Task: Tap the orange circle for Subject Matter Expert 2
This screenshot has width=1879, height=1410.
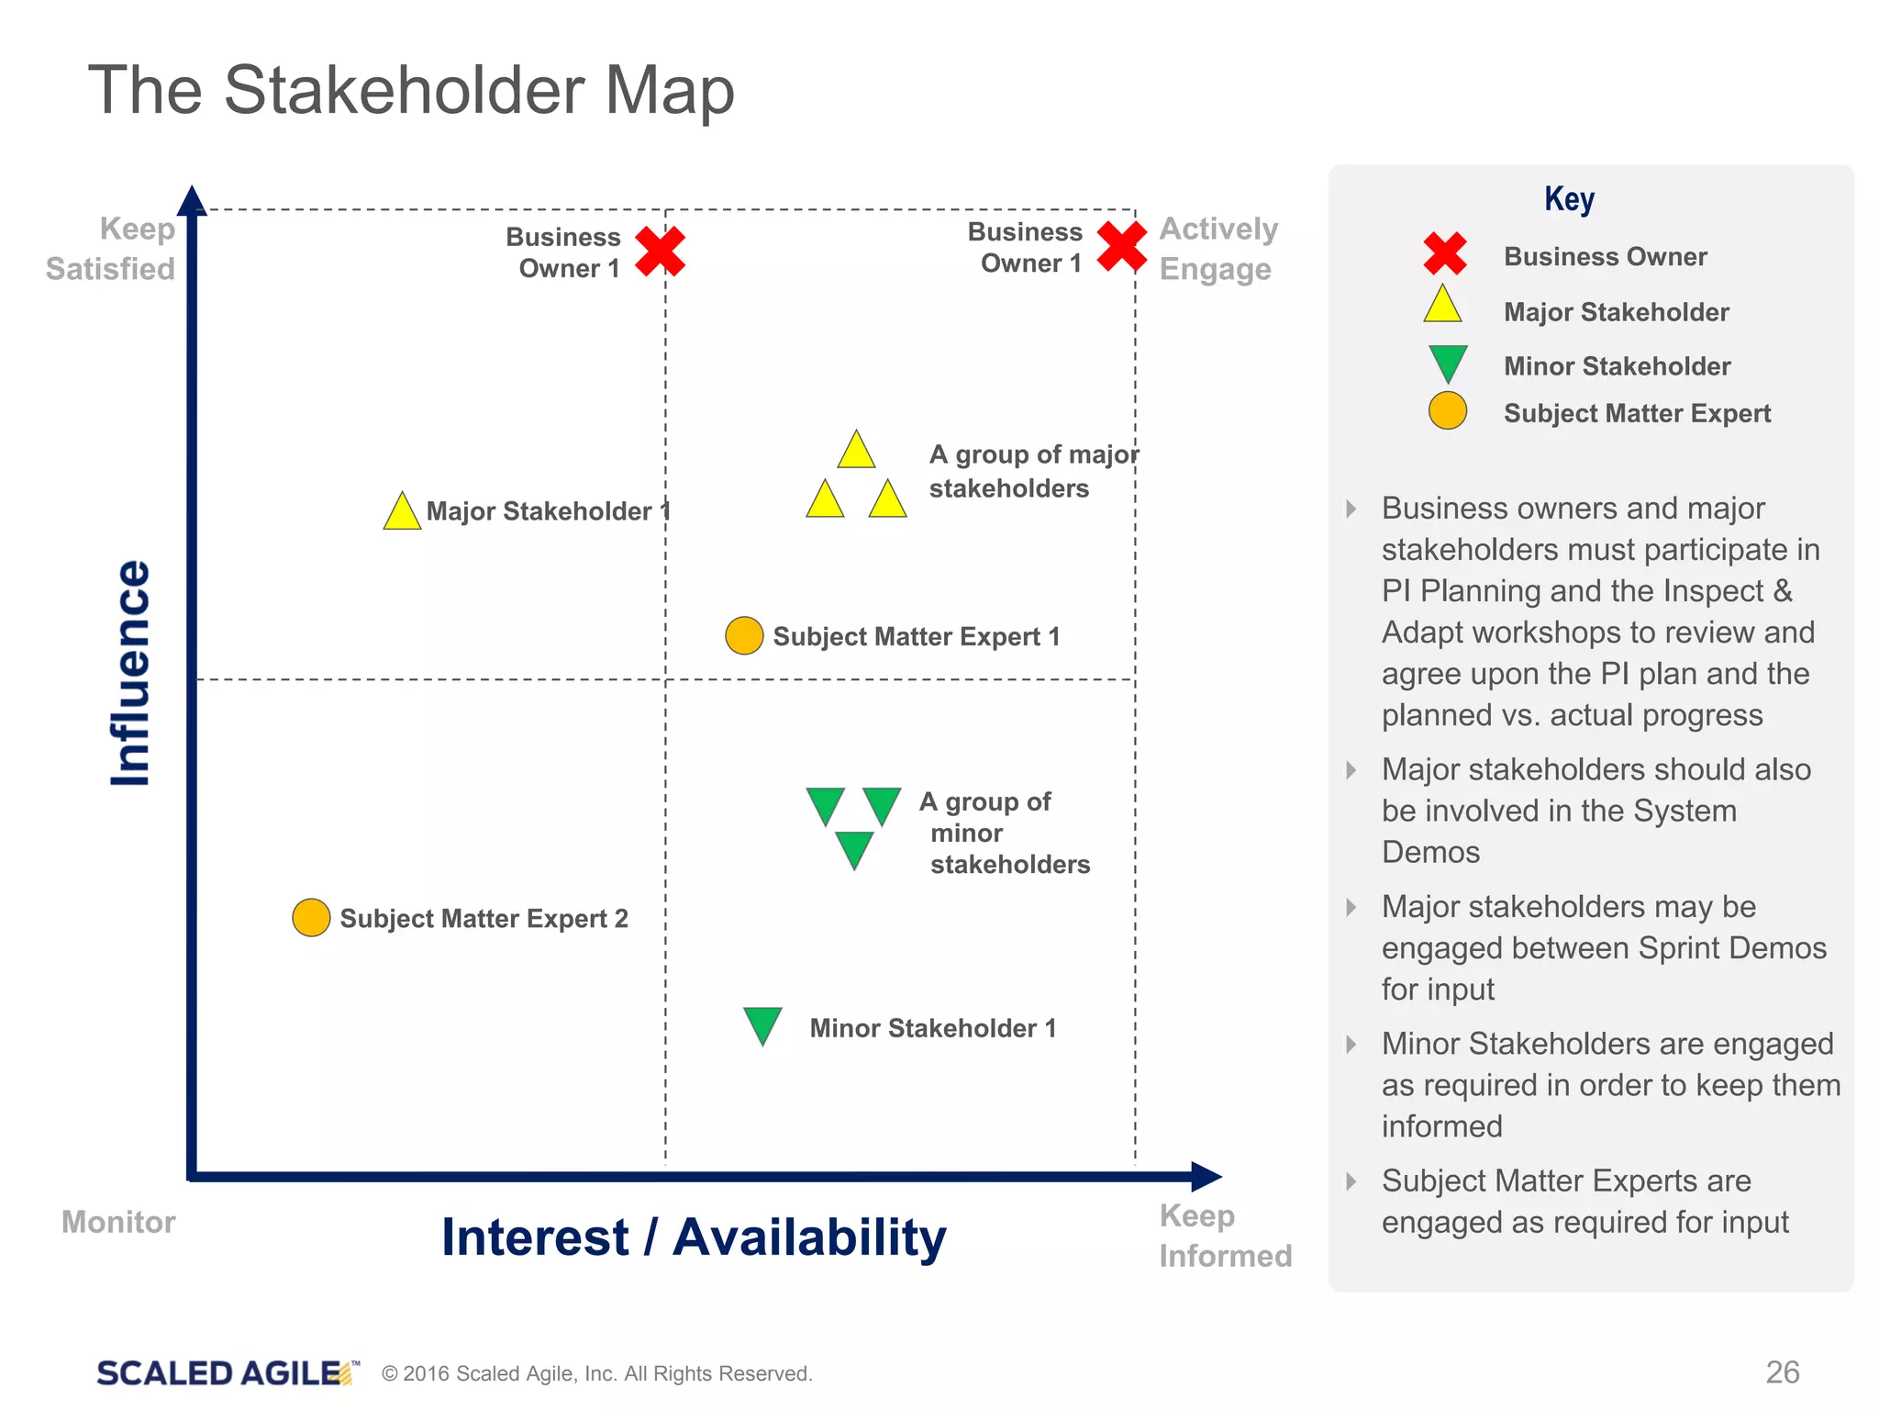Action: [311, 918]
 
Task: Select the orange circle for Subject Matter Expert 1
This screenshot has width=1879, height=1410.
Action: [744, 635]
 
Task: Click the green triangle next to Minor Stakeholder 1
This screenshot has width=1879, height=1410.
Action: [762, 1024]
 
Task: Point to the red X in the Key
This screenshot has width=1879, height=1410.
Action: [1445, 254]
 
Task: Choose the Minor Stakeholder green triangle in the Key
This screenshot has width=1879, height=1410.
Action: [1448, 362]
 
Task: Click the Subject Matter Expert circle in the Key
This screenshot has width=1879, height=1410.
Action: [1448, 410]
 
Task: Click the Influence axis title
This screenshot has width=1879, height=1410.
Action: [130, 673]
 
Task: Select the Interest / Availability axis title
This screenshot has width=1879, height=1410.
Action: [694, 1237]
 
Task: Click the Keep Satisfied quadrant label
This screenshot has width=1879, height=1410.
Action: [110, 249]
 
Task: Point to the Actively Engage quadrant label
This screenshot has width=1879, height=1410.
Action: [1217, 249]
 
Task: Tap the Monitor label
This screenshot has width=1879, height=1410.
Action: [118, 1222]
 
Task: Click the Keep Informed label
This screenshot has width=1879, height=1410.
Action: [1224, 1236]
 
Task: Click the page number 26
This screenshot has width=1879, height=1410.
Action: [1782, 1372]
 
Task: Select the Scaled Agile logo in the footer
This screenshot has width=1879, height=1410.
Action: [226, 1373]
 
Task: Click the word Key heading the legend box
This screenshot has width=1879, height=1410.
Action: [1569, 199]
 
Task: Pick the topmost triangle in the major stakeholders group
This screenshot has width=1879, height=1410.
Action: [856, 452]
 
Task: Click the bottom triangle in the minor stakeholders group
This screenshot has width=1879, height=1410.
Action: [854, 848]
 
